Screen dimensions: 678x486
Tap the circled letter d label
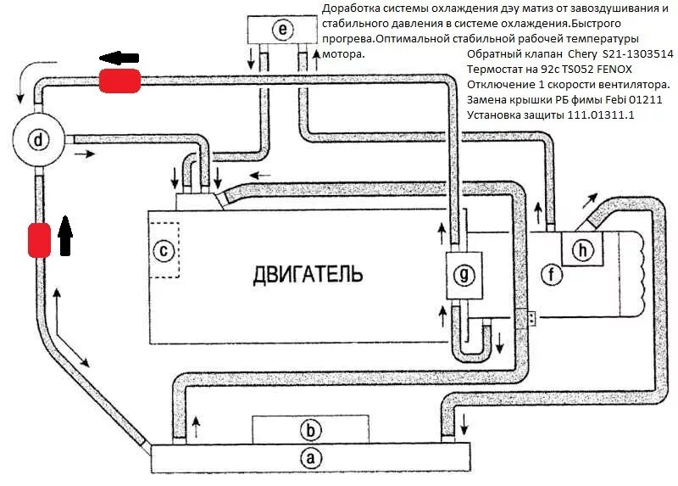37,139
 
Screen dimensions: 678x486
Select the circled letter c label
166,250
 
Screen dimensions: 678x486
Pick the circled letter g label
463,273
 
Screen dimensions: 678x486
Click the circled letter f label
553,273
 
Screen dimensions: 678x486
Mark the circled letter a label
311,458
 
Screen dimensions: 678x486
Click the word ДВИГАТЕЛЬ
308,274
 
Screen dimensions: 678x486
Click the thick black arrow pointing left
119,57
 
